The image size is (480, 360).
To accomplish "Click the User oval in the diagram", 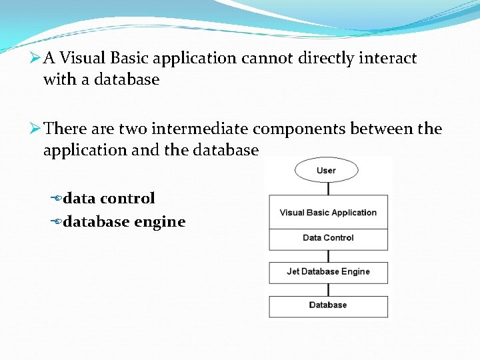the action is (x=326, y=171).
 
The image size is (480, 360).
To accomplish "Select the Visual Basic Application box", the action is (x=328, y=213).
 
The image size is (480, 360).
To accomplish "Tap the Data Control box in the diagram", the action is (x=328, y=238).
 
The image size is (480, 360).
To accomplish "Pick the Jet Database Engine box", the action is (x=328, y=272).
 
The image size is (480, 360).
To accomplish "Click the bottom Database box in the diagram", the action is (x=328, y=305).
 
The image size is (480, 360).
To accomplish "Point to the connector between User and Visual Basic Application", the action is (x=327, y=189).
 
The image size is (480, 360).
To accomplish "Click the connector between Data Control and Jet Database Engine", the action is (x=328, y=256).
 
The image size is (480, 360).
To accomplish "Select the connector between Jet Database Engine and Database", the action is (x=328, y=289).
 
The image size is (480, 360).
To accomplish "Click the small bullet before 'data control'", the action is (x=56, y=199).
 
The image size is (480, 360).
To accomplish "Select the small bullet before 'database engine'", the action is (x=56, y=222).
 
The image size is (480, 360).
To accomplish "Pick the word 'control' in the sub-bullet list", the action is (x=127, y=199).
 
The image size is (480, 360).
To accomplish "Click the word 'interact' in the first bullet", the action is (x=389, y=59).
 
